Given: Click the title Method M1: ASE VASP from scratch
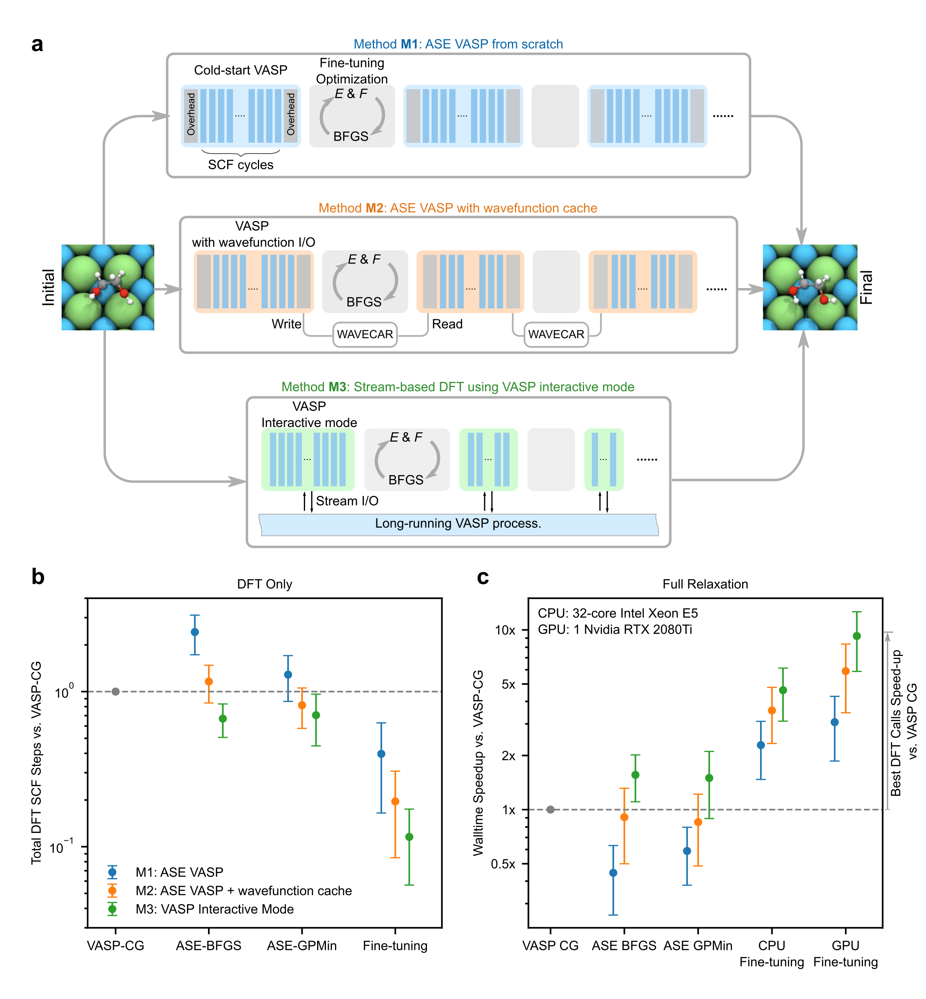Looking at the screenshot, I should [458, 44].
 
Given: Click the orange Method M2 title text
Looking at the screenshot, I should [457, 208].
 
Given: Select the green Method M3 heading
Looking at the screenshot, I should [457, 387].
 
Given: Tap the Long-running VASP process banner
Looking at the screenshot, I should [458, 524].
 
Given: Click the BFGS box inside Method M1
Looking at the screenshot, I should [352, 116].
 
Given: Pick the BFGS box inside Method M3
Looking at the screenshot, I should [407, 460].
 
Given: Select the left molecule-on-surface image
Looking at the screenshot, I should [108, 287].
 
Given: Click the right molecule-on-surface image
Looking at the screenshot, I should [810, 287].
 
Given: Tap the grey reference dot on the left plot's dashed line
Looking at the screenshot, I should [115, 692].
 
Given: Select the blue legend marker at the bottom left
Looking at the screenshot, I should [112, 872].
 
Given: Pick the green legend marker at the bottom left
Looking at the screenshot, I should [112, 909].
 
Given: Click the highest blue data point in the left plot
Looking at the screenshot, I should [195, 632].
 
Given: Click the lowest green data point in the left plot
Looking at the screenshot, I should [409, 837].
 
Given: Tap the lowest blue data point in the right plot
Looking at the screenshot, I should [613, 873].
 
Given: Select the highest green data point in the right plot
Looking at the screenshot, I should [857, 636].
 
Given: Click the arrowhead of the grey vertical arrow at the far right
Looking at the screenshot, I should [888, 636].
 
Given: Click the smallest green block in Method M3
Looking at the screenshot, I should [604, 460].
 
